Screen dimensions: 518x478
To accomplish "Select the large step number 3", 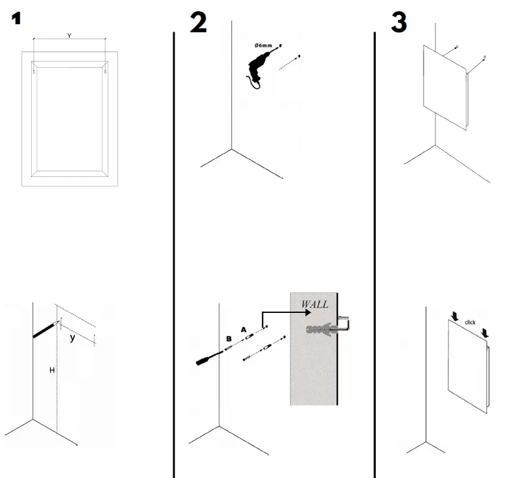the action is (x=399, y=22).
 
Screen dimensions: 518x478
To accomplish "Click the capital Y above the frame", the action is (x=69, y=36).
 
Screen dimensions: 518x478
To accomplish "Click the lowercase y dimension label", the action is (x=73, y=338).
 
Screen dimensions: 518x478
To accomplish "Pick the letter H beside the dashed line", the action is (x=52, y=371).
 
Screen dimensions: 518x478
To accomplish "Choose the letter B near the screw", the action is (x=229, y=340).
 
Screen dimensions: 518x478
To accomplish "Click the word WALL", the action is (x=315, y=304).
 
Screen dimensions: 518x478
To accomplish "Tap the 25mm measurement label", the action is (x=343, y=317).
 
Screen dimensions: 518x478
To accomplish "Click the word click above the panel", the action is (x=470, y=323).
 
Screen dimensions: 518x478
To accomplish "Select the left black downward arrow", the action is (x=455, y=317).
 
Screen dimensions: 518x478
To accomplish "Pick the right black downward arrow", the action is (x=484, y=333).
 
